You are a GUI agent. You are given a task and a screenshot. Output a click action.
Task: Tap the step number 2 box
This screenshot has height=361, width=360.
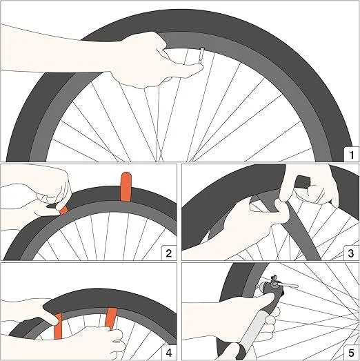point(168,252)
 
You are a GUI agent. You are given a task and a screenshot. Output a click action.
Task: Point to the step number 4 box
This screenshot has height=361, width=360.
point(168,351)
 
